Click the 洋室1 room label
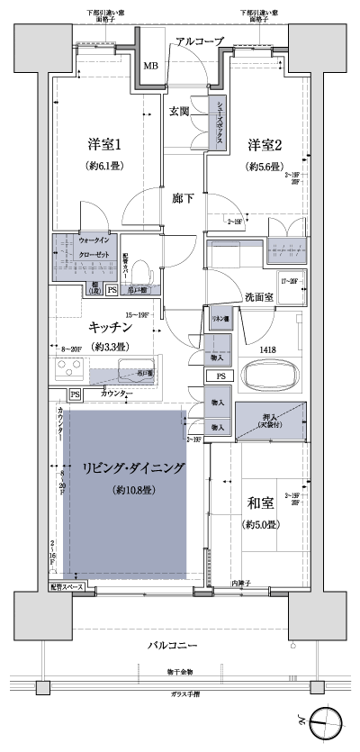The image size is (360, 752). click(x=104, y=145)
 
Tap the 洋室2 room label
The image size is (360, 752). click(x=265, y=145)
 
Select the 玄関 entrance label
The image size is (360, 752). click(x=178, y=112)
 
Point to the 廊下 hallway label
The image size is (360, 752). click(x=184, y=199)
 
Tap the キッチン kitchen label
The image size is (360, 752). click(x=112, y=329)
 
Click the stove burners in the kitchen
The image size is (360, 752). click(x=68, y=370)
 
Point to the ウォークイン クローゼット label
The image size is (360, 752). click(x=94, y=248)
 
